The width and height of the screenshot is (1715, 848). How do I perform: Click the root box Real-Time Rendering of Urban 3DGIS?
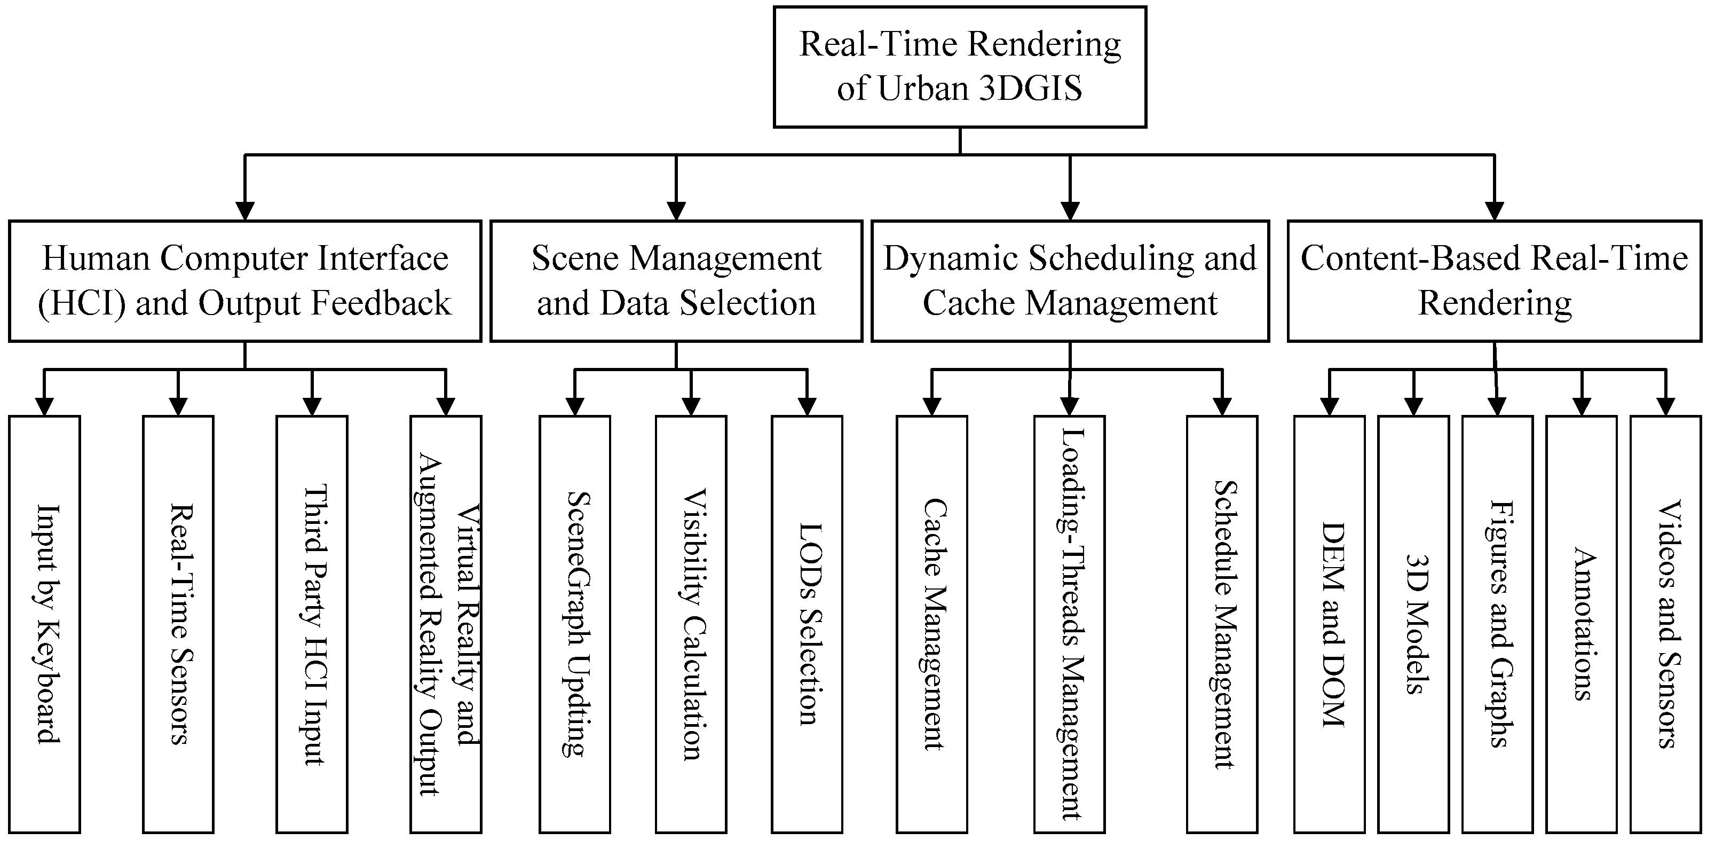pyautogui.click(x=959, y=67)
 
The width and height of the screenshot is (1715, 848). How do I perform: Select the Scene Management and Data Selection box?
pyautogui.click(x=676, y=281)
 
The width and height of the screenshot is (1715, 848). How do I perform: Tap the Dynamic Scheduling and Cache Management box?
pyautogui.click(x=1070, y=281)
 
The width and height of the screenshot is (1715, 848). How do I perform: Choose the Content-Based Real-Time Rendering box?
pyautogui.click(x=1495, y=281)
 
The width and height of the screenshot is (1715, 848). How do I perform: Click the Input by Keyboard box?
pyautogui.click(x=45, y=624)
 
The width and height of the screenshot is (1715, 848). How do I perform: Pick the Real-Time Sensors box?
pyautogui.click(x=178, y=624)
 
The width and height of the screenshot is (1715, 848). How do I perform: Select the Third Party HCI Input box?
pyautogui.click(x=312, y=624)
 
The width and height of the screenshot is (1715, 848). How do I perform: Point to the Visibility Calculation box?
pyautogui.click(x=691, y=624)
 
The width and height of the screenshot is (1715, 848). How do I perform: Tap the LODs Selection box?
pyautogui.click(x=807, y=624)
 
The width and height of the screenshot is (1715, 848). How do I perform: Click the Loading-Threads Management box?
pyautogui.click(x=1069, y=624)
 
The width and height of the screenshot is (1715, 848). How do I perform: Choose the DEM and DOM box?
pyautogui.click(x=1330, y=624)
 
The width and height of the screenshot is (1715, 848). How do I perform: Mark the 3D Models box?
pyautogui.click(x=1413, y=624)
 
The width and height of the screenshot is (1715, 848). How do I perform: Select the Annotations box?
pyautogui.click(x=1581, y=624)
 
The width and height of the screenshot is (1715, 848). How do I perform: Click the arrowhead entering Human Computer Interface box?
pyautogui.click(x=245, y=210)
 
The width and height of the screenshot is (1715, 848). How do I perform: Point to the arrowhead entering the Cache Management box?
pyautogui.click(x=932, y=406)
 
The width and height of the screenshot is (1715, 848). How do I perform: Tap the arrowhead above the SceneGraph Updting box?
pyautogui.click(x=574, y=406)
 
